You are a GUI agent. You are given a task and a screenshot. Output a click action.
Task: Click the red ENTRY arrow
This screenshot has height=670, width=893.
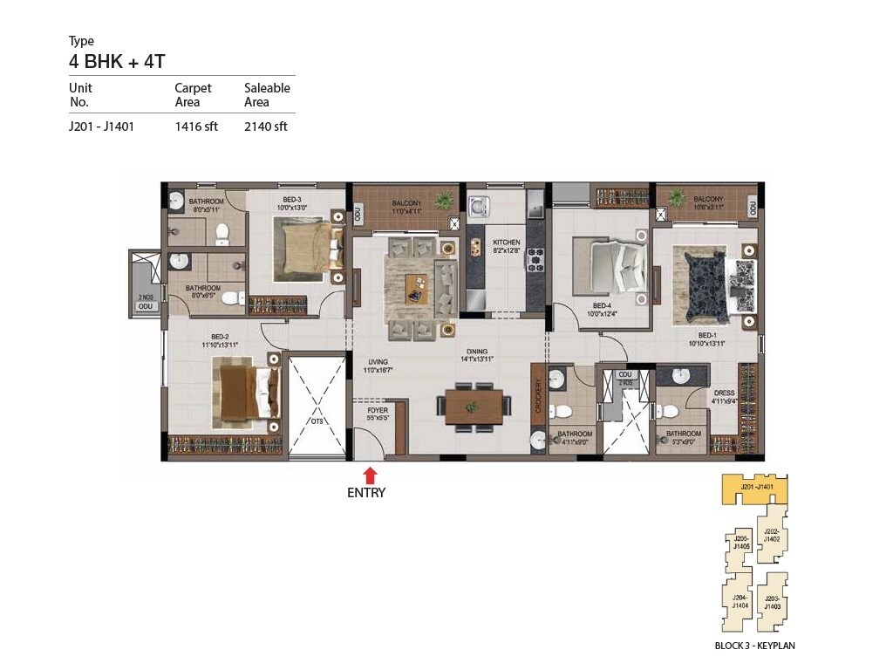(x=370, y=475)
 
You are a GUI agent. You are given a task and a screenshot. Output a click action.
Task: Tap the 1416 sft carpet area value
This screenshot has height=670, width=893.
(x=196, y=126)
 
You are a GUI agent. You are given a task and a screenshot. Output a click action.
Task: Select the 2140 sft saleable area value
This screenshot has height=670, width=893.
(x=266, y=126)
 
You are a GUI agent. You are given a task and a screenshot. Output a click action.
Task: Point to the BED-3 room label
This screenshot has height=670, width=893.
(x=291, y=201)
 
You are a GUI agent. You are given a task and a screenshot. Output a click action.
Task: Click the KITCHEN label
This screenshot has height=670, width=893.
(x=506, y=243)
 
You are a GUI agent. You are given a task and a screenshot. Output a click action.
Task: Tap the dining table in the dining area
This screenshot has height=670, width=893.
(x=473, y=407)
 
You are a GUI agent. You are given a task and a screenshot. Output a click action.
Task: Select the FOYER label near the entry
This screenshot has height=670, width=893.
(x=378, y=408)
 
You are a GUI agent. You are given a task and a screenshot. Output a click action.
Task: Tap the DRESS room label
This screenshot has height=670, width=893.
(x=724, y=393)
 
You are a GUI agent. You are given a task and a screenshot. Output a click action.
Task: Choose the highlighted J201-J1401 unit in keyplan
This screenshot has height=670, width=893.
(x=753, y=489)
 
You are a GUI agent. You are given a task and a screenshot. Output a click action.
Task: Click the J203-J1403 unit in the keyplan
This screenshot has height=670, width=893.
(x=771, y=601)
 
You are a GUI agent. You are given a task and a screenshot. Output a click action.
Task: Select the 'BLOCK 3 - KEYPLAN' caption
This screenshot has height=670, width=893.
(x=754, y=646)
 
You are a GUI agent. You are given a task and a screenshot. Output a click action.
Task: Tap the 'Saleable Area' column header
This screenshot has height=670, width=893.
(x=267, y=95)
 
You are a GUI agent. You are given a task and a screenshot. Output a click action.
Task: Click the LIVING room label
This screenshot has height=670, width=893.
(x=377, y=361)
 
